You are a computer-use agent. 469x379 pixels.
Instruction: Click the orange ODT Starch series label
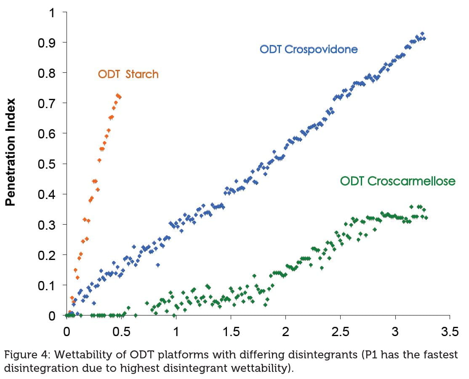(x=128, y=74)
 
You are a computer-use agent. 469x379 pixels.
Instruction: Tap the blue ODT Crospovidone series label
(x=309, y=49)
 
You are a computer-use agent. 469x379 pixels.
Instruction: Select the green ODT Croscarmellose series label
(x=397, y=181)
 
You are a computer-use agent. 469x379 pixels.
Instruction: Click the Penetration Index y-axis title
(x=11, y=152)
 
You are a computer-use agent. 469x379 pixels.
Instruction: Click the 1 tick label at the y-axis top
(x=52, y=12)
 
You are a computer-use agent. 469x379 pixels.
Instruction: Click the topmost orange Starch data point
(x=117, y=95)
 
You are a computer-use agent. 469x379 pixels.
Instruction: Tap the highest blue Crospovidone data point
(x=422, y=34)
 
